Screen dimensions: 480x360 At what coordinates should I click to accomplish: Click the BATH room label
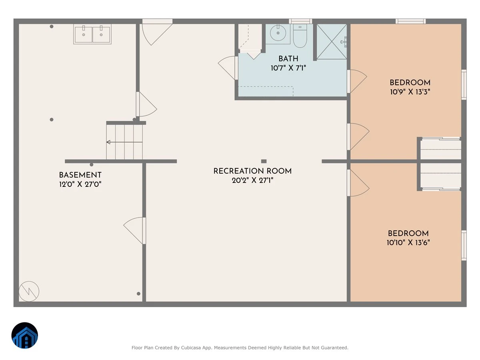coord(288,58)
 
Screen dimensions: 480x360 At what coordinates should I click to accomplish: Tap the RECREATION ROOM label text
coord(252,171)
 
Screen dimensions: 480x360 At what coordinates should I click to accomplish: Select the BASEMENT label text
coord(80,175)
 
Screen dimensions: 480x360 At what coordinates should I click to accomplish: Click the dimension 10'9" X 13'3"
coord(410,92)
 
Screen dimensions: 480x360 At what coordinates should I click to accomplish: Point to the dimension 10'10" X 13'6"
coord(408,242)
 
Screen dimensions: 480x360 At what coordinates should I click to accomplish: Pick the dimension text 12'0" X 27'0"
coord(80,184)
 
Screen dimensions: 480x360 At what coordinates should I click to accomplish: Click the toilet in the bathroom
coord(300,36)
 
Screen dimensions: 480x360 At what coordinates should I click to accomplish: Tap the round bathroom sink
coord(278,33)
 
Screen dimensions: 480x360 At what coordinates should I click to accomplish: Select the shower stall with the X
coord(332,42)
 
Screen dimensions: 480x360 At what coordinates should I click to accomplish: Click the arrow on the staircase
coord(124,142)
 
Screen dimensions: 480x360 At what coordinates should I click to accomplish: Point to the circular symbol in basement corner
coord(29,291)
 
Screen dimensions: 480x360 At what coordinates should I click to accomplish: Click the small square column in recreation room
coord(264,161)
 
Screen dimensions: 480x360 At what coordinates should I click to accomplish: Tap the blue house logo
coord(25,335)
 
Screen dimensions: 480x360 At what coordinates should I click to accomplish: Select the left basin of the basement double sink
coord(83,34)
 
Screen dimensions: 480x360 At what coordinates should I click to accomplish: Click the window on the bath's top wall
coord(300,21)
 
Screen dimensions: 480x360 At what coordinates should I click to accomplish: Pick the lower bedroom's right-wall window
coord(464,245)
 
